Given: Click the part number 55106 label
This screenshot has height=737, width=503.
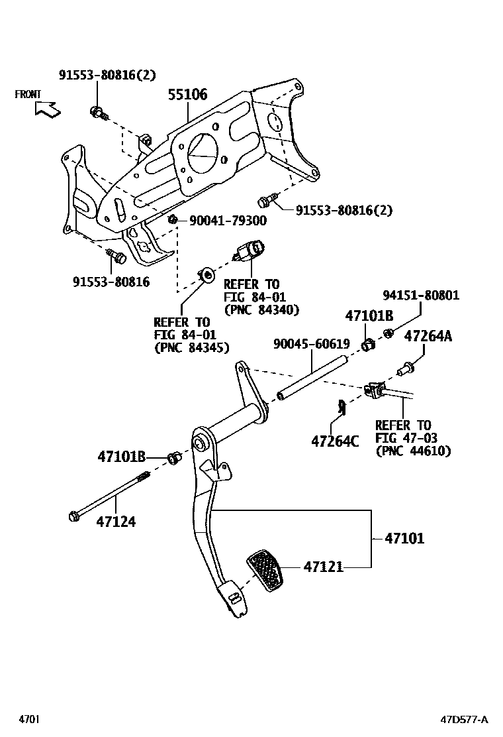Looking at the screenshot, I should pyautogui.click(x=187, y=95).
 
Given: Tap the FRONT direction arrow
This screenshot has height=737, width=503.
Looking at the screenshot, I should pyautogui.click(x=48, y=109).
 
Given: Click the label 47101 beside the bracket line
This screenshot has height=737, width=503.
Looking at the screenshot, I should pyautogui.click(x=404, y=539).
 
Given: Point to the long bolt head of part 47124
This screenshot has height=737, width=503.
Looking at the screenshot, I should pyautogui.click(x=74, y=516).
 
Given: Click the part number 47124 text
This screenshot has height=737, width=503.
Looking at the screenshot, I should pyautogui.click(x=116, y=522).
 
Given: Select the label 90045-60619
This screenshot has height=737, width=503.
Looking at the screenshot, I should pyautogui.click(x=311, y=343).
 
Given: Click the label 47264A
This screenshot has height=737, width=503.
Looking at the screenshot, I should pyautogui.click(x=428, y=336).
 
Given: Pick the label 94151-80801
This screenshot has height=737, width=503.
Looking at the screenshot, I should pyautogui.click(x=420, y=295).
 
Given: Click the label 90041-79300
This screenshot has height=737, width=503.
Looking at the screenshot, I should pyautogui.click(x=228, y=220).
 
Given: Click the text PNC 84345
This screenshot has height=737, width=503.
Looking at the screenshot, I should pyautogui.click(x=191, y=347).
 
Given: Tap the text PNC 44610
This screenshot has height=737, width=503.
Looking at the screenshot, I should pyautogui.click(x=413, y=451).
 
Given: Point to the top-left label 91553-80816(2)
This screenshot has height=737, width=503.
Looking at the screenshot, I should pyautogui.click(x=107, y=75).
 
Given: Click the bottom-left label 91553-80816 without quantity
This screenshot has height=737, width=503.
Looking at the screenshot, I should pyautogui.click(x=111, y=282).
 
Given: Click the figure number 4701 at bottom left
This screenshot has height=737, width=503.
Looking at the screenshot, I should pyautogui.click(x=30, y=719).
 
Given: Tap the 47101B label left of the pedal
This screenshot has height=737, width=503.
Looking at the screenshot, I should pyautogui.click(x=121, y=457).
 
